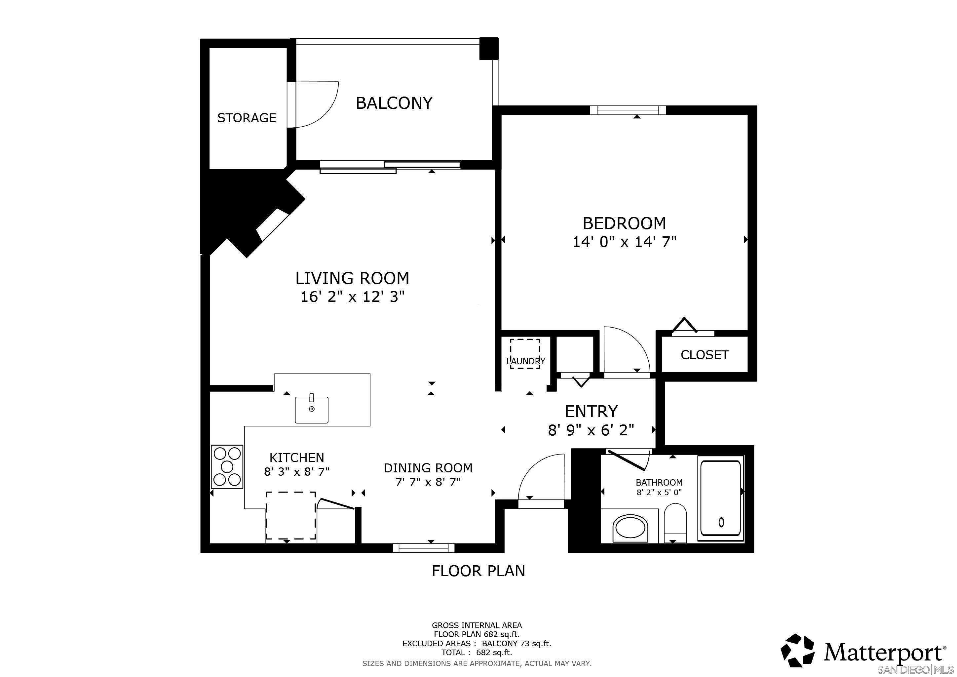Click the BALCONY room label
pos(394,103)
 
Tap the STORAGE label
pos(246,118)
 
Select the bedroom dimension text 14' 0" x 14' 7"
pos(624,242)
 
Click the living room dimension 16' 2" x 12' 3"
pos(352,297)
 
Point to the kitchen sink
pos(311,410)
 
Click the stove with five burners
pos(227,466)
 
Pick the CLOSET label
pos(705,355)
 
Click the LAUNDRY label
pos(526,361)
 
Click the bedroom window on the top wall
pos(628,110)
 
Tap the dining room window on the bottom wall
pos(424,548)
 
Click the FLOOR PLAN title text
pos(478,571)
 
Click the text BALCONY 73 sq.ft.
pos(516,643)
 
